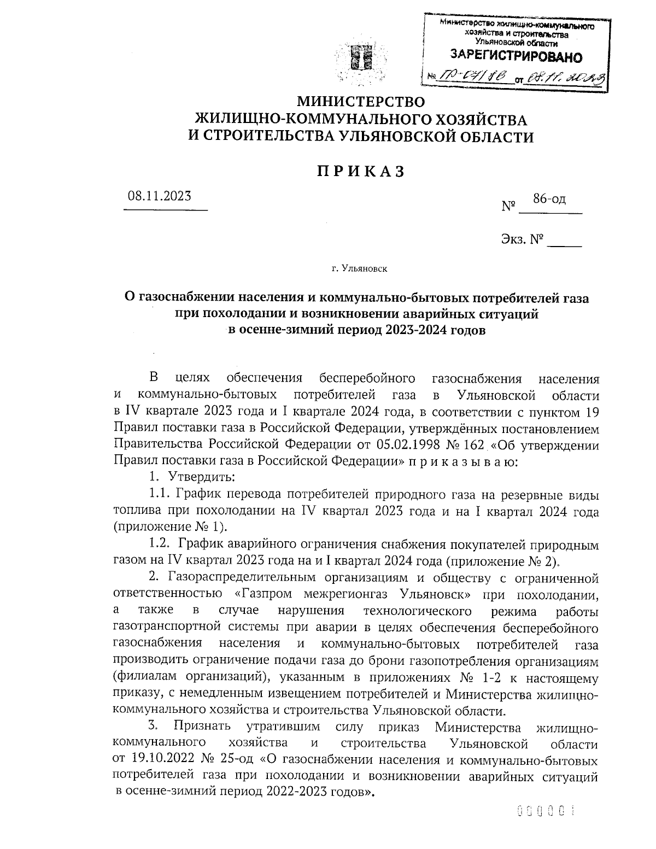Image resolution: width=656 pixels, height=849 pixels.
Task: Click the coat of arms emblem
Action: coord(360,61)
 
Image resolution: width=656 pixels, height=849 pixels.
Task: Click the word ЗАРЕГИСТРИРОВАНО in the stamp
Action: coord(516,56)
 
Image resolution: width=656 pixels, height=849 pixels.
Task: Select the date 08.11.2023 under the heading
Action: coord(160,196)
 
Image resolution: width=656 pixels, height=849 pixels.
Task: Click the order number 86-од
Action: coord(549,199)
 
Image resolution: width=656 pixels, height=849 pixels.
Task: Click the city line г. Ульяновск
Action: coord(360,268)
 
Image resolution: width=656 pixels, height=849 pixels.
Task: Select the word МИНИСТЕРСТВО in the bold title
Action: coord(360,102)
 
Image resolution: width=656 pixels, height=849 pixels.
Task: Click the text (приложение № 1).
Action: coord(169,527)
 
